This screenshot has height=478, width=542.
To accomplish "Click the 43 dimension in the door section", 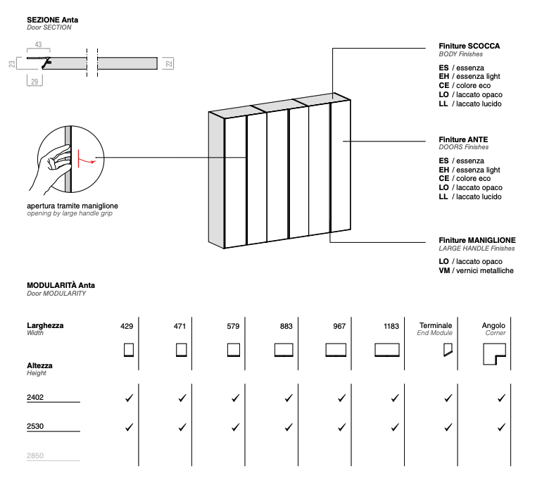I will point(38,44).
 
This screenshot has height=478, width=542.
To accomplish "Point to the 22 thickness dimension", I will point(169,64).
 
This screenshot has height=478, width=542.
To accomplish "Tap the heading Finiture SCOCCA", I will point(469,46).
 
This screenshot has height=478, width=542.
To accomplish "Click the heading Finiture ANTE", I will point(463,139).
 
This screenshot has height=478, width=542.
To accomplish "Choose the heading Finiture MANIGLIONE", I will point(477,240).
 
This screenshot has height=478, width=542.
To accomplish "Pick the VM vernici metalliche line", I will point(476,271).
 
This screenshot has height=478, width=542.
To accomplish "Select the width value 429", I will point(127,327).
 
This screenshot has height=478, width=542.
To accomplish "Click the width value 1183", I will point(391,327).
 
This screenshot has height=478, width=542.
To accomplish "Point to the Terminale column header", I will point(435,326).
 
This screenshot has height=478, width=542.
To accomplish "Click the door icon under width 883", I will point(284,349).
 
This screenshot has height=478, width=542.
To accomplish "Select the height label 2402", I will point(35,398).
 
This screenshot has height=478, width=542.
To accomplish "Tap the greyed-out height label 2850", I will point(35,455).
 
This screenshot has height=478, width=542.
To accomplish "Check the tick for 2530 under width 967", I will point(341,427).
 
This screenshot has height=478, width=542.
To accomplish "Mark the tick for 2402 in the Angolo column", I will point(501,398).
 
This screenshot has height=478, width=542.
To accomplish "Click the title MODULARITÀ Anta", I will point(61,285).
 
